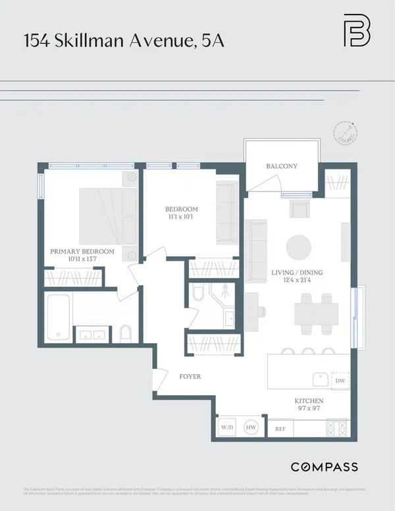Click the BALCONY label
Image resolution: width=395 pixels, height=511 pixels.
click(x=282, y=167)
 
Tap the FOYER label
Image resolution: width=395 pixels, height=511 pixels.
click(x=190, y=377)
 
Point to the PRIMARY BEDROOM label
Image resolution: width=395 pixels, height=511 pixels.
click(x=82, y=252)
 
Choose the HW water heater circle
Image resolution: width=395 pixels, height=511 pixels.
click(x=251, y=427)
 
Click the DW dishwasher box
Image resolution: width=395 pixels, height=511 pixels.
click(x=340, y=381)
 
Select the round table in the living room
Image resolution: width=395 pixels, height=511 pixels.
click(x=299, y=248)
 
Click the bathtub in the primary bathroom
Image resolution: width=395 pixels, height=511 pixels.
click(x=59, y=317)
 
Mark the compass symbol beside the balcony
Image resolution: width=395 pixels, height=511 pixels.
click(x=344, y=132)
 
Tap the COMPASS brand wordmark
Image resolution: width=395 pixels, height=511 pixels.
click(x=324, y=467)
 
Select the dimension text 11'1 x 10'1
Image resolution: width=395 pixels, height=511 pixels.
click(x=181, y=218)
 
